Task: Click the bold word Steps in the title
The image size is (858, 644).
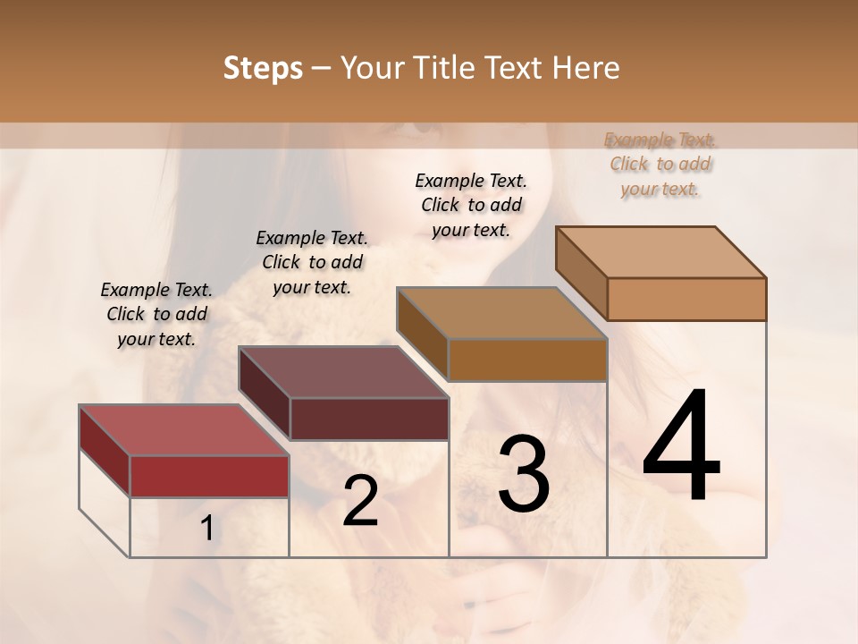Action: click(x=263, y=68)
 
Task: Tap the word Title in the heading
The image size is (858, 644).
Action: click(x=443, y=68)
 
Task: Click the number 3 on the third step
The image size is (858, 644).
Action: click(x=524, y=474)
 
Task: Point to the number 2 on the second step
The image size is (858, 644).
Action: click(x=360, y=501)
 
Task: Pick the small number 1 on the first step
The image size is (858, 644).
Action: click(x=206, y=529)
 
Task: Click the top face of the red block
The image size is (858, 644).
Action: click(x=183, y=430)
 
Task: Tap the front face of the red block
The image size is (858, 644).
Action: click(x=209, y=476)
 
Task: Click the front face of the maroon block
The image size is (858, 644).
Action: click(x=369, y=419)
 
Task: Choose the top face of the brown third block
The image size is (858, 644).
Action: click(x=501, y=313)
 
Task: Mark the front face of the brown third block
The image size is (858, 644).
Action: click(x=527, y=360)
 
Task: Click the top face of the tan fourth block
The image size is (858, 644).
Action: click(x=660, y=252)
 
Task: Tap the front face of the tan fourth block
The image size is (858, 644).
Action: click(x=686, y=299)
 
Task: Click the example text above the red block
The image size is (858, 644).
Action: click(x=156, y=314)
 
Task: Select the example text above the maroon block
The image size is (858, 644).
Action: click(x=312, y=262)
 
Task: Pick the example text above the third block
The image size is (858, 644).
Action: click(x=471, y=205)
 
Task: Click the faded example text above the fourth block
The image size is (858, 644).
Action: click(x=660, y=164)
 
